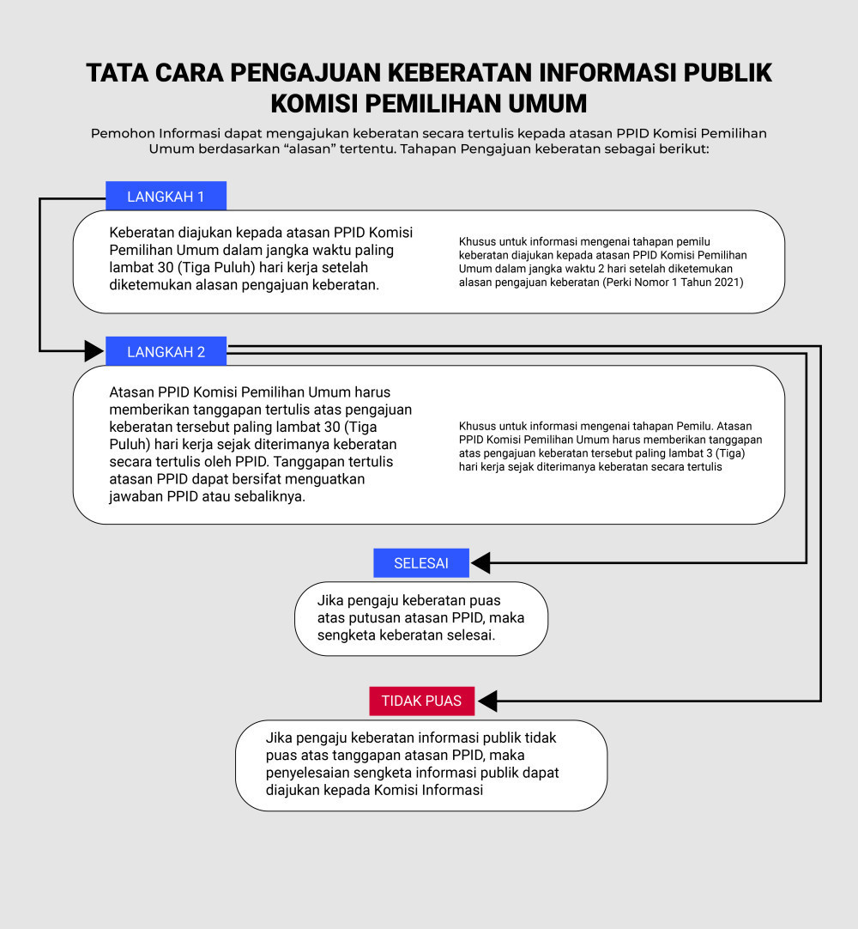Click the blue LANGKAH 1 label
[x=166, y=196]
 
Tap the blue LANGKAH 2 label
[x=166, y=351]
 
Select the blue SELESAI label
[x=421, y=563]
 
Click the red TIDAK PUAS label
[x=421, y=701]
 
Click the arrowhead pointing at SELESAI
[x=480, y=563]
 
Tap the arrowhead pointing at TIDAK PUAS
[x=487, y=701]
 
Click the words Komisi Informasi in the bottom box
[x=429, y=790]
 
